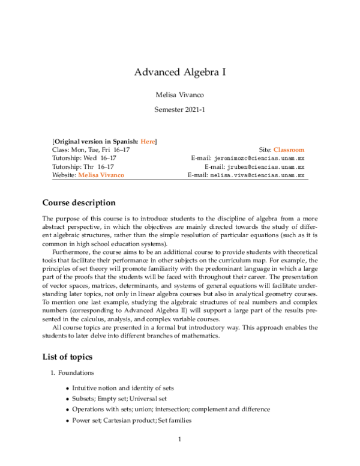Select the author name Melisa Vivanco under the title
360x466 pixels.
(x=180, y=94)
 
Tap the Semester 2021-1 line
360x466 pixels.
(x=180, y=110)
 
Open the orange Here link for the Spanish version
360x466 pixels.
(x=148, y=141)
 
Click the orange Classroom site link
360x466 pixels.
(x=289, y=150)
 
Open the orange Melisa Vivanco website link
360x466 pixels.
(x=101, y=175)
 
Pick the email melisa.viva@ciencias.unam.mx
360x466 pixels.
(x=257, y=175)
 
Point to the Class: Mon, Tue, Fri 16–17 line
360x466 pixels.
(x=91, y=150)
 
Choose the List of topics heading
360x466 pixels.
(x=67, y=357)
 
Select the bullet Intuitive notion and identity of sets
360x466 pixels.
(x=123, y=388)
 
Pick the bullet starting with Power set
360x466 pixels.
(x=131, y=420)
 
